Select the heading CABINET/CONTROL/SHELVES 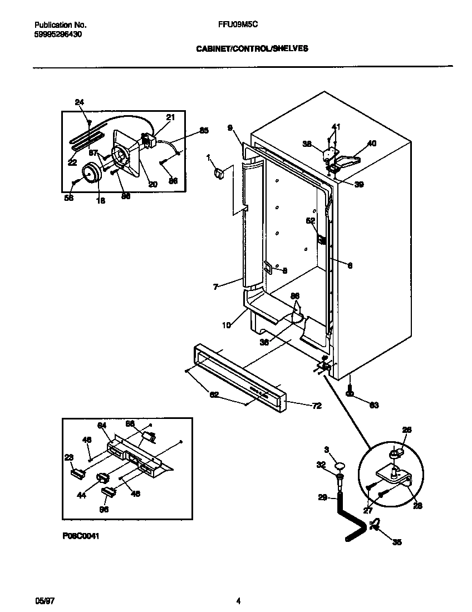click(x=252, y=48)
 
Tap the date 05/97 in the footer click(x=44, y=585)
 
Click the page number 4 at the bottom click(x=238, y=585)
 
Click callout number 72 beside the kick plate click(x=315, y=406)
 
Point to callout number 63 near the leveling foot click(x=373, y=406)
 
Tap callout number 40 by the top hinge click(x=372, y=143)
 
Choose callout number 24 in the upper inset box click(x=80, y=102)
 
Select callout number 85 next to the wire click(x=204, y=131)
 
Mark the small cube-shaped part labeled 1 click(x=218, y=174)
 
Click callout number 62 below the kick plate click(x=214, y=394)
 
